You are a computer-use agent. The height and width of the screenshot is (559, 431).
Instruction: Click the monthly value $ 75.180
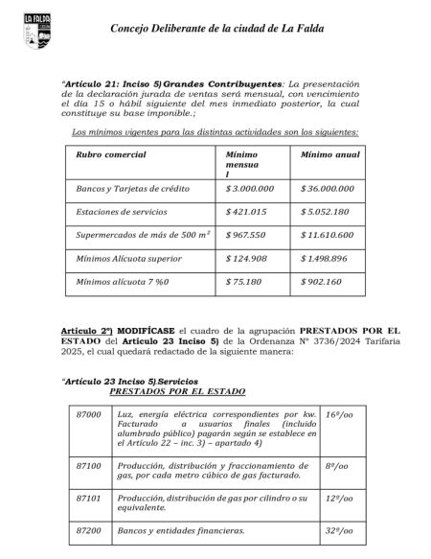click(243, 282)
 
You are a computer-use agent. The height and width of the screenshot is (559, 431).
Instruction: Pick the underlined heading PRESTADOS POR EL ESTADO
click(177, 391)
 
